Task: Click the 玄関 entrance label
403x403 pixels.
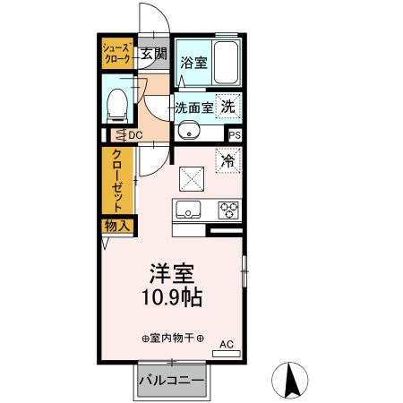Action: [x=153, y=55]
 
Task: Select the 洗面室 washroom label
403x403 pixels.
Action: [x=194, y=107]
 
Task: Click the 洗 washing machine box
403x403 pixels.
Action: [x=229, y=105]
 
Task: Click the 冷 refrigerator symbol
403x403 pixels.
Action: [x=228, y=162]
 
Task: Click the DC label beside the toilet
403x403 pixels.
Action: [x=134, y=135]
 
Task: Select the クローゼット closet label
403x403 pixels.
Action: [x=117, y=179]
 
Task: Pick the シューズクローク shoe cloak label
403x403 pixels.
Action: [x=116, y=52]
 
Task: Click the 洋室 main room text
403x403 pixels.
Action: [x=172, y=274]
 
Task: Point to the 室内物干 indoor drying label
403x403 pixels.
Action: [x=172, y=339]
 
